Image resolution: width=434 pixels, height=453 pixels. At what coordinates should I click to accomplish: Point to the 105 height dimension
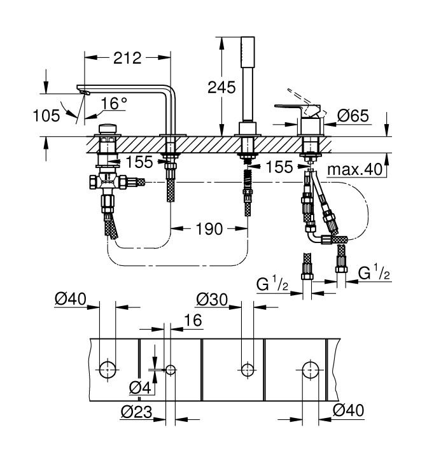point(47,115)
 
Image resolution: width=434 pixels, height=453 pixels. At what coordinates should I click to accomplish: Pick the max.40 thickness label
point(354,170)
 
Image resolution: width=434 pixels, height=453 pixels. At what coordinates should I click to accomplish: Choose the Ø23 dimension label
point(136,412)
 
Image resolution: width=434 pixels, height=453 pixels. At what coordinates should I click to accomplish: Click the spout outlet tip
point(82,93)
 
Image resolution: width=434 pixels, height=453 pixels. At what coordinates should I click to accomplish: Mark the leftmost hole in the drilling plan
point(108,367)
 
